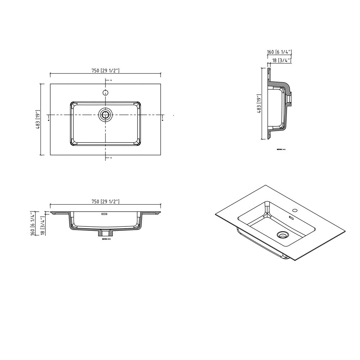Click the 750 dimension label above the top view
pyautogui.click(x=105, y=71)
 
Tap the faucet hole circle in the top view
pyautogui.click(x=105, y=93)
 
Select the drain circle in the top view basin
pyautogui.click(x=105, y=115)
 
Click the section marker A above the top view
pyautogui.click(x=111, y=80)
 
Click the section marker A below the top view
pyautogui.click(x=111, y=158)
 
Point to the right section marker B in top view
pyautogui.click(x=163, y=120)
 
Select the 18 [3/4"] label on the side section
pyautogui.click(x=282, y=60)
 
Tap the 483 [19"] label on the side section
pyautogui.click(x=258, y=104)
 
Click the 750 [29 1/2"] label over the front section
pyautogui.click(x=105, y=202)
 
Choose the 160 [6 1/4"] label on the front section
pyautogui.click(x=32, y=224)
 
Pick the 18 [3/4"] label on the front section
pyautogui.click(x=42, y=226)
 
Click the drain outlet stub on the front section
pyautogui.click(x=105, y=234)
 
